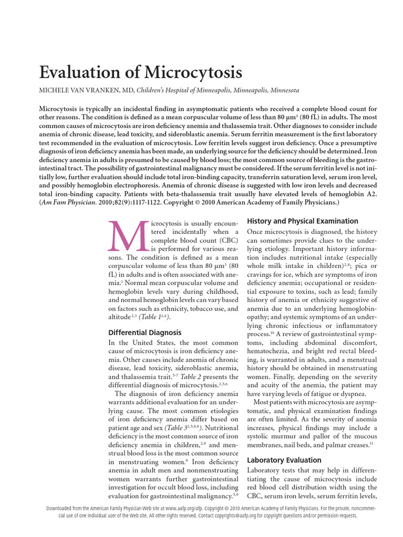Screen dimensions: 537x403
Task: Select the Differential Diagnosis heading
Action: point(145,332)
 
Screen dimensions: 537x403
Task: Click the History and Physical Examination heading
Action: point(302,221)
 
